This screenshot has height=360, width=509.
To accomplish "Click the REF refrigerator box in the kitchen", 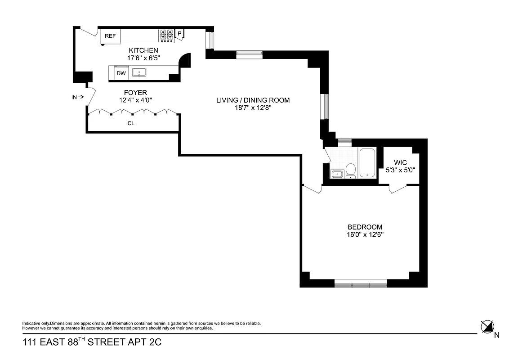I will [111, 36].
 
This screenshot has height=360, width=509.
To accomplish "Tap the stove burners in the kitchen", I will [166, 35].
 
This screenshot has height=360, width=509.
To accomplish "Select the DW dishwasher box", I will [121, 73].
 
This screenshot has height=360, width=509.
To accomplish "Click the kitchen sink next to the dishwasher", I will [139, 72].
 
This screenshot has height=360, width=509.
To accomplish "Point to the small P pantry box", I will [180, 34].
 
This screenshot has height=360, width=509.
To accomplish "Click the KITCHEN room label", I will [143, 50].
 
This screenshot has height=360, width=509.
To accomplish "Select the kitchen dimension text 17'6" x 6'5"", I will [143, 58].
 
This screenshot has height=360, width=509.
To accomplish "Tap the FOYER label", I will [136, 93].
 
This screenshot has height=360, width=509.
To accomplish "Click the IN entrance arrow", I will [77, 96].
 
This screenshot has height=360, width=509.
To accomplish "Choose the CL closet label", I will [131, 123].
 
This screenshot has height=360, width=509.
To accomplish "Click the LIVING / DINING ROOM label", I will [253, 100].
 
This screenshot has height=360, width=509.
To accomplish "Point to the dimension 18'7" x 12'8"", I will [253, 108].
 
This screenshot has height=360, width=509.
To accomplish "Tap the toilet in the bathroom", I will [351, 170].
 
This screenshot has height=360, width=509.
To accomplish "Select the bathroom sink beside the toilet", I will [337, 174].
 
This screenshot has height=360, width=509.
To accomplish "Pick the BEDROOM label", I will [365, 227].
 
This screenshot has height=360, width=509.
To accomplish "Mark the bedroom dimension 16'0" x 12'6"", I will [365, 234].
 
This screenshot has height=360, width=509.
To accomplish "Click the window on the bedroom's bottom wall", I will [361, 283].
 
